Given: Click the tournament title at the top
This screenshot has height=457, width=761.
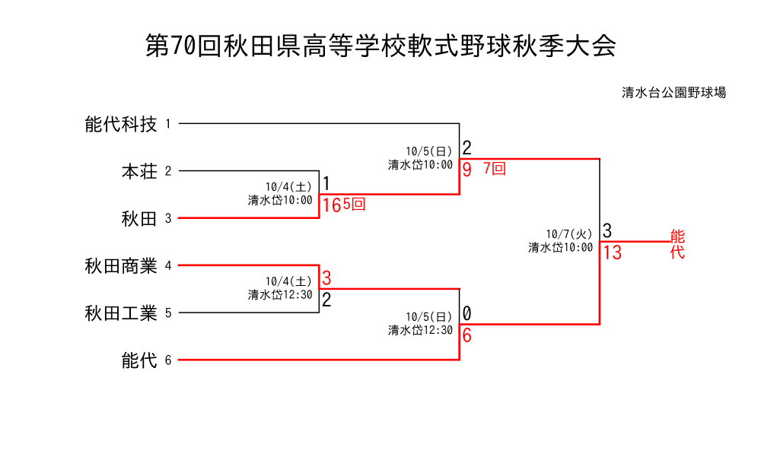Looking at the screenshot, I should [380, 46].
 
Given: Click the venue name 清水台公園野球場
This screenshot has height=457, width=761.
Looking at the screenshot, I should [673, 93].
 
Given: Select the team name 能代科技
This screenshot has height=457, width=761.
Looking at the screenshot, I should [121, 124].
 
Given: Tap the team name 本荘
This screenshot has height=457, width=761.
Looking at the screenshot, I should [139, 172].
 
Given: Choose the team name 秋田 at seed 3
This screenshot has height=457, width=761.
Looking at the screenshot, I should [139, 219].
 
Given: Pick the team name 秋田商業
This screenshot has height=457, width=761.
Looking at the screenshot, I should [121, 266].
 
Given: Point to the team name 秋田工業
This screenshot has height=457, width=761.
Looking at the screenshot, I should [121, 313].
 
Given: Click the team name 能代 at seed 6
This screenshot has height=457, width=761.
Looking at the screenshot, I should [139, 360].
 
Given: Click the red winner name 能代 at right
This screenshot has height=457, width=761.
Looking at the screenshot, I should [677, 243].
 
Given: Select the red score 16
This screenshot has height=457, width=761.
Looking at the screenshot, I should [331, 205].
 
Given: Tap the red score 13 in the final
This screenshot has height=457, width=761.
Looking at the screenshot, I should [613, 253].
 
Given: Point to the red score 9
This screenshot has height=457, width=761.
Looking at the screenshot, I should [467, 170].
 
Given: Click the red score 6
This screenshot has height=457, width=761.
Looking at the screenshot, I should [467, 335].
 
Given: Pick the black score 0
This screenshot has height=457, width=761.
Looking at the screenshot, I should [467, 313].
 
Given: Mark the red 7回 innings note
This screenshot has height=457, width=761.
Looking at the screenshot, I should [495, 169].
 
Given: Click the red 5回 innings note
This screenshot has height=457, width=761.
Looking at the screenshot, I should [354, 205].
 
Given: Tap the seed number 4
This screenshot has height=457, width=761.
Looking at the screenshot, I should [168, 266].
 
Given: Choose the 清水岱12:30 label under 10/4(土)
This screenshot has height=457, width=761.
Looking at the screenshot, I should [280, 295].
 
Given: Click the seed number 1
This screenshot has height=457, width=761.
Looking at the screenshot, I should [168, 124].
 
